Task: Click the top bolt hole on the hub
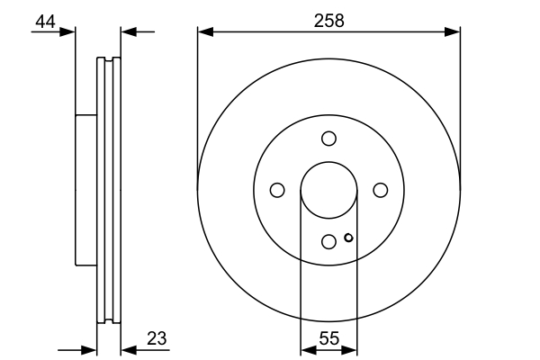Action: (328, 139)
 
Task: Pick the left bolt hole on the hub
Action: (277, 190)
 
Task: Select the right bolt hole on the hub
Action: (380, 190)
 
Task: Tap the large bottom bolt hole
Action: (328, 241)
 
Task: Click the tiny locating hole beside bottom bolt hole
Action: (348, 238)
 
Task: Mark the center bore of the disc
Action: (328, 190)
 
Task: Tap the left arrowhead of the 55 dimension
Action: (306, 348)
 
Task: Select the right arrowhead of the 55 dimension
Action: (352, 348)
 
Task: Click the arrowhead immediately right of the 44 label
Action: (68, 32)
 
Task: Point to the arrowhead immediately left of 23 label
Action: (127, 348)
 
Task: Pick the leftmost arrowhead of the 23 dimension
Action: (90, 348)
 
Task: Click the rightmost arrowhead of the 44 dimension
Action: (127, 32)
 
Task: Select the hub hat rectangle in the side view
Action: (85, 190)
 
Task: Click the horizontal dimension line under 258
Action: (270, 32)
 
